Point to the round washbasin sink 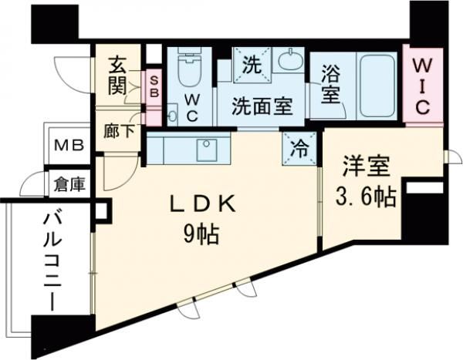click(x=290, y=60)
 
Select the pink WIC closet click(x=423, y=82)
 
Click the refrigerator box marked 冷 click(x=299, y=146)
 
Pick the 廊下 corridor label click(x=119, y=130)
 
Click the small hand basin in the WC click(x=171, y=116)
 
